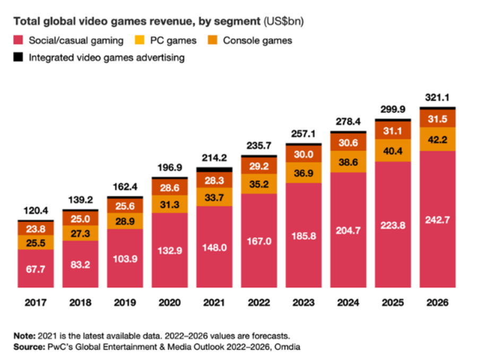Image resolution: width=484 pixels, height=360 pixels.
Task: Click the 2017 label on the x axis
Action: (x=35, y=303)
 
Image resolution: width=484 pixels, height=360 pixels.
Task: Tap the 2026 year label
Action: (x=437, y=303)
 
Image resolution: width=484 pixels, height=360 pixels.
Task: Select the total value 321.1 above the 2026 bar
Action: (x=437, y=98)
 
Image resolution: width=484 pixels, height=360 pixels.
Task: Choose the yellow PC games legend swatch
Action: (x=140, y=40)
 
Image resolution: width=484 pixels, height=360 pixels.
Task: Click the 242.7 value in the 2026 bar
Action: (x=437, y=219)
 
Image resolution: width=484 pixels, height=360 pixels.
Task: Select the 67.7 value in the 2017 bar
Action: (x=35, y=269)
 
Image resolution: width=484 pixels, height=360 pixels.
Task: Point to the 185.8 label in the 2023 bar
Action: (x=303, y=235)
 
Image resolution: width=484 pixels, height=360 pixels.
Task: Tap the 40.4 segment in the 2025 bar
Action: (x=392, y=150)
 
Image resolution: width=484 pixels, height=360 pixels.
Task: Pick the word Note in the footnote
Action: (x=24, y=336)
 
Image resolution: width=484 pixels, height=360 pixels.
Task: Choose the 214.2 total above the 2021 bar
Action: (x=214, y=158)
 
